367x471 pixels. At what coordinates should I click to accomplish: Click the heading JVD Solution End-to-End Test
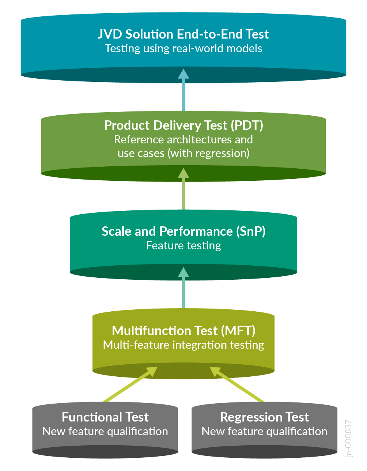[x=183, y=34]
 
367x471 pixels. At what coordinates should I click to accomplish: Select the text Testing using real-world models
[x=183, y=49]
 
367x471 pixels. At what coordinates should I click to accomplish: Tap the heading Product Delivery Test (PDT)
[x=183, y=125]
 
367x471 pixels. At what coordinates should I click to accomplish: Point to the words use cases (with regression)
[x=183, y=153]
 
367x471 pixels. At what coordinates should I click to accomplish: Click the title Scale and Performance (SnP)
[x=183, y=231]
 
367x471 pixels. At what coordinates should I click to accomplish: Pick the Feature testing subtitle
[x=183, y=246]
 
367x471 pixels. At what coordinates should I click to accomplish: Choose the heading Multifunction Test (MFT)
[x=183, y=331]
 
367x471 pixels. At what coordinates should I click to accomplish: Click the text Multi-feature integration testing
[x=183, y=345]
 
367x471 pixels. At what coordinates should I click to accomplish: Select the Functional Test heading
[x=105, y=417]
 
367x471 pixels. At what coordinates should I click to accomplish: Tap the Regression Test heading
[x=264, y=417]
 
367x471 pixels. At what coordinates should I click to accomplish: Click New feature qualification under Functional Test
[x=105, y=432]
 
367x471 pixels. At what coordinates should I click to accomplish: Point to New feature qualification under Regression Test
[x=264, y=432]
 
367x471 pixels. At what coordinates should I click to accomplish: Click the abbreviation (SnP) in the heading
[x=251, y=231]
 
